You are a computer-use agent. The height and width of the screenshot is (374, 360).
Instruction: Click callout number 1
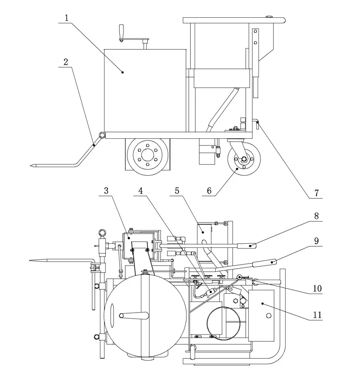tap(66, 18)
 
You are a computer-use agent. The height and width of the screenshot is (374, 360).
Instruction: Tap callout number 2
tap(66, 62)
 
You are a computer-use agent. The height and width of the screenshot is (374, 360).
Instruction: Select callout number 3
tap(106, 191)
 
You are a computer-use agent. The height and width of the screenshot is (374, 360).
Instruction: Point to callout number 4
tap(140, 191)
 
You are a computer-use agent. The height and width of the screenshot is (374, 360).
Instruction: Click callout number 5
tap(177, 191)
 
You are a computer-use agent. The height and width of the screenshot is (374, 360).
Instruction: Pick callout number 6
tap(209, 191)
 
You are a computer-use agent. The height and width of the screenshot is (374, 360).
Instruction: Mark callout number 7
tap(316, 193)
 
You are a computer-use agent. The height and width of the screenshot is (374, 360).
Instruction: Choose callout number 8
tap(316, 216)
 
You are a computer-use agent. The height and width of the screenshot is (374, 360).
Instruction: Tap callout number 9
tap(316, 241)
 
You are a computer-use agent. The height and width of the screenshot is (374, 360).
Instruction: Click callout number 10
tap(317, 289)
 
